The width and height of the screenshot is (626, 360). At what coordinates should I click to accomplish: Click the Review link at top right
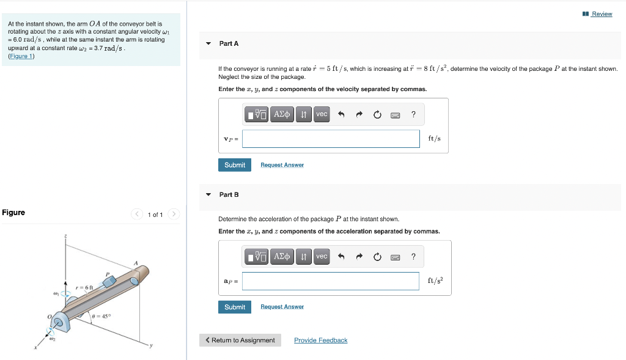(602, 14)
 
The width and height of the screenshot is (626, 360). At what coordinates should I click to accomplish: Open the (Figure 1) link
(21, 56)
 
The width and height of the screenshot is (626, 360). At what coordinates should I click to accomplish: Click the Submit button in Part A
(235, 165)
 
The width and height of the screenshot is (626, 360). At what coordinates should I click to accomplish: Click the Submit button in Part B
(235, 307)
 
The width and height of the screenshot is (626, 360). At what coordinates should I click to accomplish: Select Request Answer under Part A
(282, 165)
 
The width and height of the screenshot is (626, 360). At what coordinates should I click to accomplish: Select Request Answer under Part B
(282, 307)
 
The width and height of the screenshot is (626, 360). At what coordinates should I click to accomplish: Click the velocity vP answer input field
(331, 139)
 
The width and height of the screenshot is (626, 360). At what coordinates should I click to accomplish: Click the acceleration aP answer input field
(331, 281)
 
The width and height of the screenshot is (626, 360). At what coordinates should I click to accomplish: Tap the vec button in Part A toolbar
(322, 114)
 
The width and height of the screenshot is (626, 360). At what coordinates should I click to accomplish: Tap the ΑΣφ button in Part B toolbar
(282, 257)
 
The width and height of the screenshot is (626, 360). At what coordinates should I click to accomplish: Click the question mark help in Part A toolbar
(414, 114)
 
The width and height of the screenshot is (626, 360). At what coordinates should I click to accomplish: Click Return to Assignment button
(240, 340)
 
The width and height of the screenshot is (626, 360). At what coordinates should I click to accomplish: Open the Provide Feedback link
(320, 340)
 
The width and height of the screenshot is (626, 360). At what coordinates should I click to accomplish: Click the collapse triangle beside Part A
(208, 43)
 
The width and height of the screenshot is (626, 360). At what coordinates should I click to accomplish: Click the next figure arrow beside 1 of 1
(174, 214)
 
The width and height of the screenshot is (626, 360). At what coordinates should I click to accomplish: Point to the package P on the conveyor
(109, 281)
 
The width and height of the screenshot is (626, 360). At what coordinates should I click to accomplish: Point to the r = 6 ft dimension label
(84, 287)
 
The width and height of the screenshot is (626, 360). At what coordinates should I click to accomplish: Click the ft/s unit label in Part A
(435, 139)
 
